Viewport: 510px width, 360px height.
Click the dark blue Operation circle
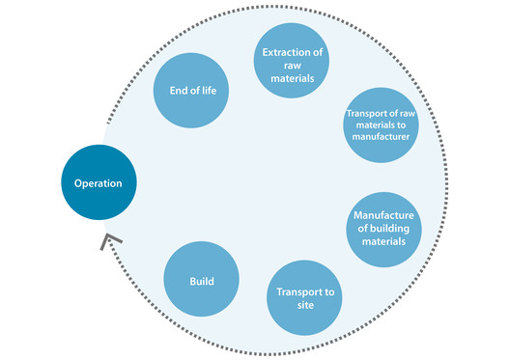[x=99, y=182]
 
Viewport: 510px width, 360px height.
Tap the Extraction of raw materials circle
[x=291, y=57]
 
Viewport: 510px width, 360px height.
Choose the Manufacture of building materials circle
[x=383, y=228]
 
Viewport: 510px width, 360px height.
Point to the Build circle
[x=201, y=281]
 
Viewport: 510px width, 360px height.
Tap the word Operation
[x=99, y=182]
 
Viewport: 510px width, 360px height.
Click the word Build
[x=201, y=282]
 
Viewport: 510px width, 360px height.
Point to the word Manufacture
[x=383, y=214]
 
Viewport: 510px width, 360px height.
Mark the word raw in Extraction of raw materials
[x=291, y=57]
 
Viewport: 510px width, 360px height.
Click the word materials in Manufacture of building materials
[x=383, y=241]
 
